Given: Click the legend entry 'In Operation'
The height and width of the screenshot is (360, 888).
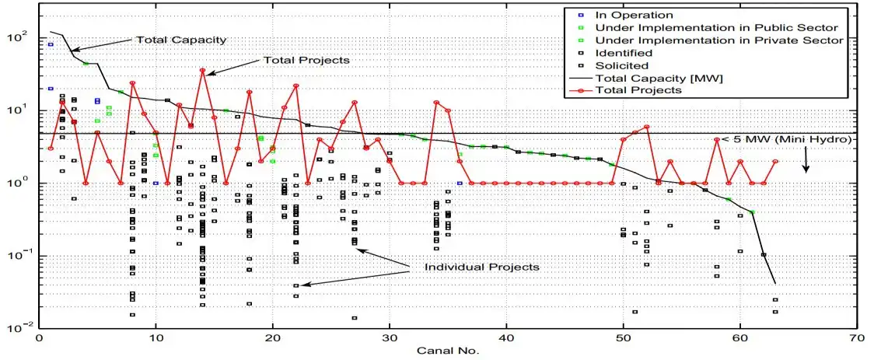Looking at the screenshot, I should click(x=634, y=15).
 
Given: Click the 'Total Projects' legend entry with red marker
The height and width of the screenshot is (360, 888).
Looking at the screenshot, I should click(x=638, y=90).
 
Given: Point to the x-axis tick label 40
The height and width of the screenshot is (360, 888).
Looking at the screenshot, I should click(x=506, y=340).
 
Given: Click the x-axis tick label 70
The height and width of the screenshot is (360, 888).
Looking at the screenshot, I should click(x=857, y=340).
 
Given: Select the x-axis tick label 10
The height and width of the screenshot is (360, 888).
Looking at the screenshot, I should click(x=156, y=340).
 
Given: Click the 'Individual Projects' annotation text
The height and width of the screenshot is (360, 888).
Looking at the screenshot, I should click(x=481, y=267).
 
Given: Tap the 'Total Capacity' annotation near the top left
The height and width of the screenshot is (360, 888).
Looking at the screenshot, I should click(x=181, y=40).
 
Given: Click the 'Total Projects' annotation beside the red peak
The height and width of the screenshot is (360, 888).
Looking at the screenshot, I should click(x=307, y=60).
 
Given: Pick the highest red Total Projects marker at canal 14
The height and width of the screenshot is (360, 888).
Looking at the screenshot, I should click(x=203, y=71).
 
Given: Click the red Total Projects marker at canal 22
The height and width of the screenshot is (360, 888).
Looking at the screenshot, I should click(x=296, y=86).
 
